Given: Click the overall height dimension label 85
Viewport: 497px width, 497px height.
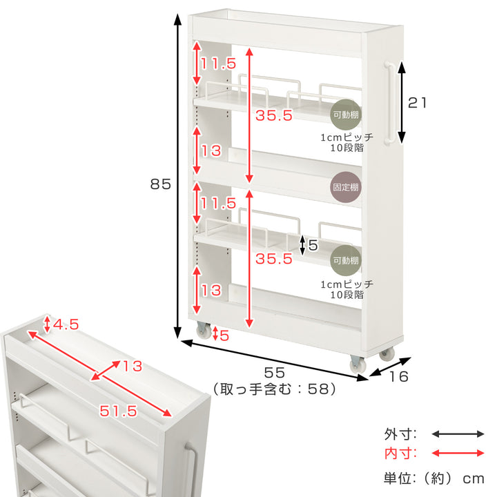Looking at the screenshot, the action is click(160, 184).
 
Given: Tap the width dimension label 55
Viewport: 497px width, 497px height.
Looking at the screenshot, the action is click(275, 373).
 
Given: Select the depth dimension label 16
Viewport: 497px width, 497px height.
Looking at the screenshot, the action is click(398, 377).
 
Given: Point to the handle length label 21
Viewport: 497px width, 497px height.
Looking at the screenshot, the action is click(417, 103).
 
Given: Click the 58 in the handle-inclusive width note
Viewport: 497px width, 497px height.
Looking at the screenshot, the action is click(318, 389).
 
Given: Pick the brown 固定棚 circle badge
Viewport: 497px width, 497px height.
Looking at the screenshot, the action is click(346, 187).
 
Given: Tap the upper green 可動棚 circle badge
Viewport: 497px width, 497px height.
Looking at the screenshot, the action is click(346, 115).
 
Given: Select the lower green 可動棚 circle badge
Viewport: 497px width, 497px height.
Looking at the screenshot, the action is click(346, 260).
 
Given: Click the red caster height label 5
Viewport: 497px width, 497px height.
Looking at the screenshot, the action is click(224, 335).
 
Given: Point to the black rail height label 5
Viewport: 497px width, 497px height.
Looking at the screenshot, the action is click(313, 245).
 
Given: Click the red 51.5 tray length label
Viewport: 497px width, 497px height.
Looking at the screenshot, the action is click(118, 411).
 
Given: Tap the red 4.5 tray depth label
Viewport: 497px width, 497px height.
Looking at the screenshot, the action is click(66, 324).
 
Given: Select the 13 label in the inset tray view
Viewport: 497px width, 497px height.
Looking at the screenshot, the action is click(133, 367).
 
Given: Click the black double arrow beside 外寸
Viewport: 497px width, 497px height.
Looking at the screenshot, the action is click(458, 434).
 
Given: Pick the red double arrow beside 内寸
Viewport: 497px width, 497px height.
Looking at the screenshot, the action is click(458, 454).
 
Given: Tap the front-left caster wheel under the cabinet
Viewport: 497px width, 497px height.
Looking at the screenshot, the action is click(204, 330).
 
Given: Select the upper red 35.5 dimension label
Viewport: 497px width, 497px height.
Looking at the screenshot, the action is click(274, 115).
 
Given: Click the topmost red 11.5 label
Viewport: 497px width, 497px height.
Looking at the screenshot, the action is click(218, 64).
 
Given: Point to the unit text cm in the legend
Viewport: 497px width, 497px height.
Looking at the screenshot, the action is click(474, 479).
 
